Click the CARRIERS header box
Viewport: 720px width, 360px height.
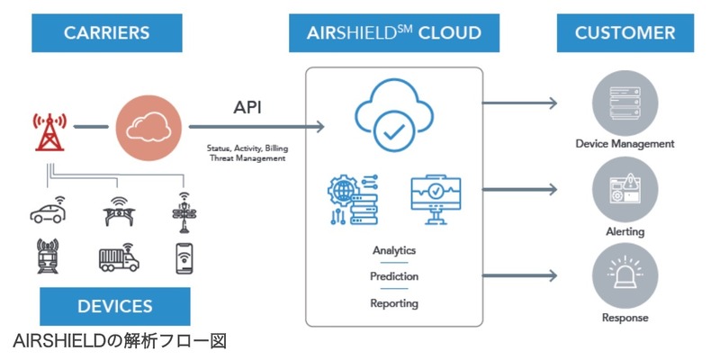[x=105, y=33]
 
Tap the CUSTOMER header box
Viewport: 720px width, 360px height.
[x=625, y=33]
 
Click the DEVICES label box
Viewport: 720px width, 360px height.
[x=114, y=306]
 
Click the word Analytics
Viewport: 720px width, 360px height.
[x=394, y=250]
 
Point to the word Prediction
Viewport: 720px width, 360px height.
[x=394, y=276]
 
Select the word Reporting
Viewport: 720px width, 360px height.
[x=394, y=303]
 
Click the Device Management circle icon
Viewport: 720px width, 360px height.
[x=624, y=101]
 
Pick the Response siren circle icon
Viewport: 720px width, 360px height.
[x=624, y=279]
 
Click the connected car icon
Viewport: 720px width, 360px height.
[x=49, y=211]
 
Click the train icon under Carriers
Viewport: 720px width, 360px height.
[x=48, y=256]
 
